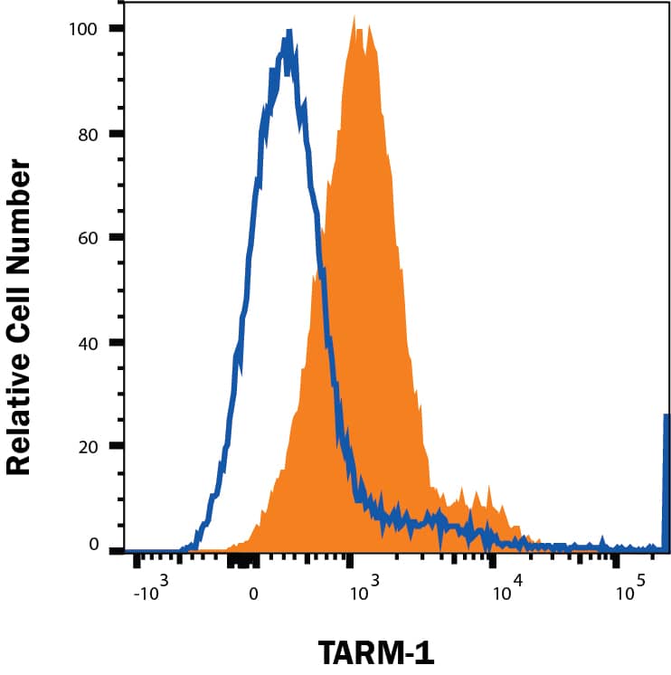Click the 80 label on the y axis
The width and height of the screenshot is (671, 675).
click(89, 133)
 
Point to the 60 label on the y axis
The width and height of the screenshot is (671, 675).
click(89, 237)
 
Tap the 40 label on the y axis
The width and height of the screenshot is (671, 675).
click(89, 342)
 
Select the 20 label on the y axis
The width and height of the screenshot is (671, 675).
click(89, 446)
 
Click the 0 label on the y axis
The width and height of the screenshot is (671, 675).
click(93, 545)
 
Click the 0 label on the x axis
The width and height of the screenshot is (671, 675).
click(254, 594)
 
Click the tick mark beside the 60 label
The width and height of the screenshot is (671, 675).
click(117, 237)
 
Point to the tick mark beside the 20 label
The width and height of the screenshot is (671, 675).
click(117, 446)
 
